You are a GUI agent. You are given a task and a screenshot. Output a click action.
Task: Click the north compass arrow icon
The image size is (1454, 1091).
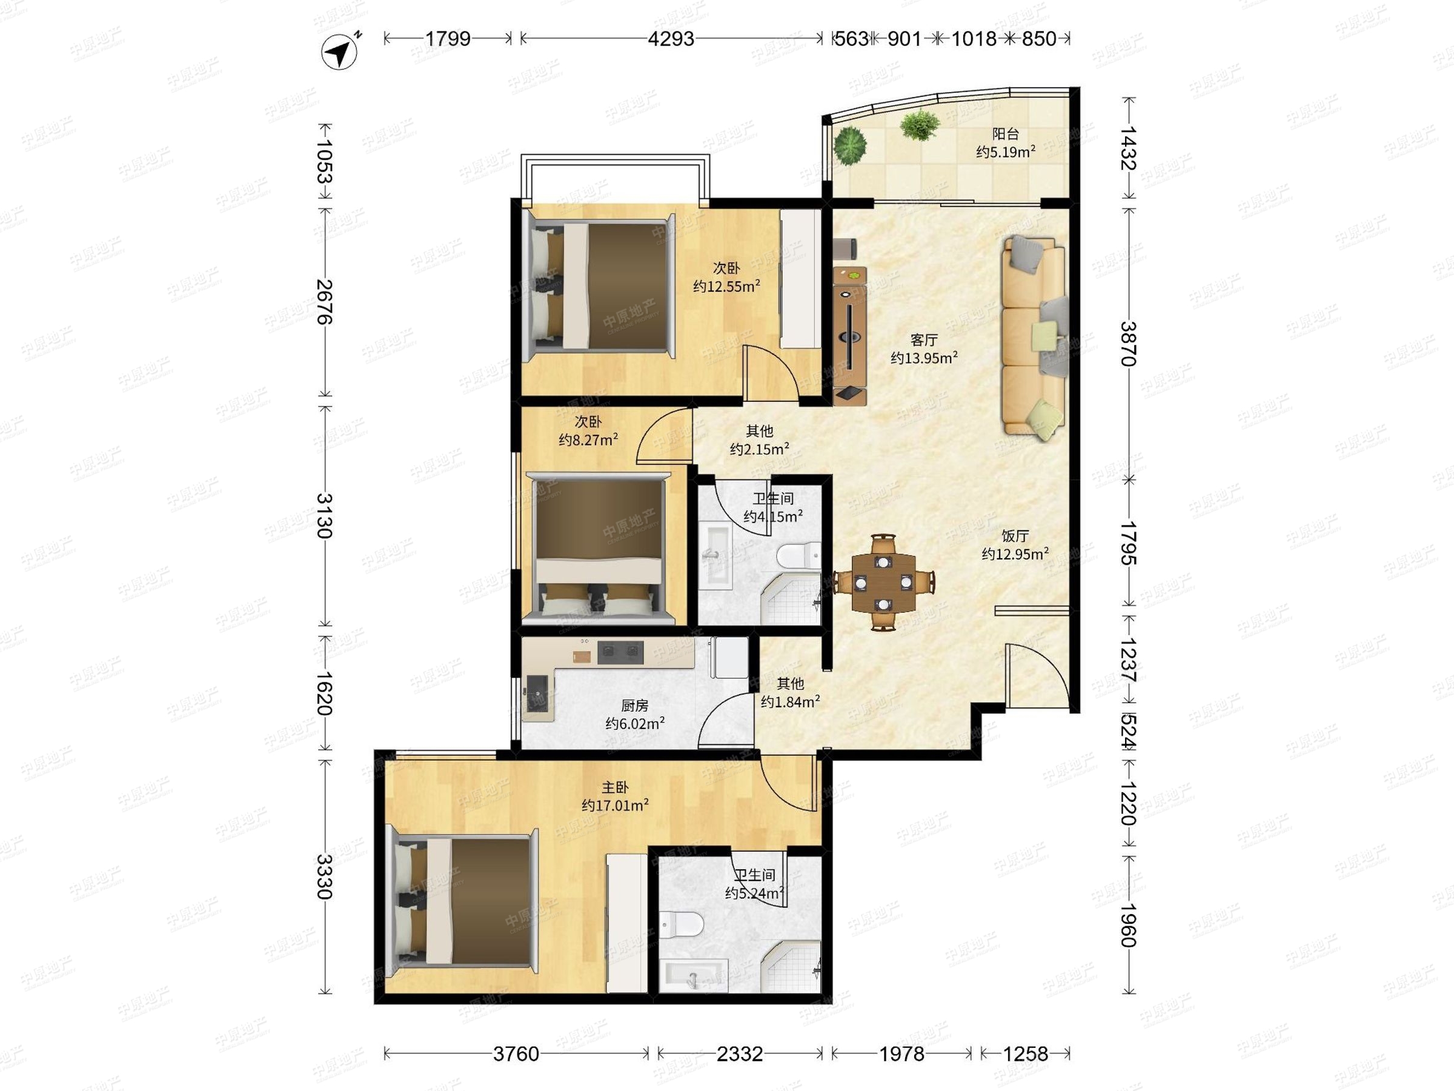[x=339, y=51]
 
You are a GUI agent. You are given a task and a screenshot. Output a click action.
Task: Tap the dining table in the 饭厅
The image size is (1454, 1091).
[x=883, y=582]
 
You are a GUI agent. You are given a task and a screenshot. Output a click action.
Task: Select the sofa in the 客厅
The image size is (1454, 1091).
[x=1034, y=336]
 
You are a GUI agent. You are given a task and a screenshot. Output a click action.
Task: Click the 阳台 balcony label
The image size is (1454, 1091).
[x=1005, y=134]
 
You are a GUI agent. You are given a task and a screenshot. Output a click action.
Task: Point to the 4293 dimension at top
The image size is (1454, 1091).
[x=671, y=39]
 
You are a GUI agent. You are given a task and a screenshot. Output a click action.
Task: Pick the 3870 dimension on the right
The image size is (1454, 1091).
[x=1129, y=343]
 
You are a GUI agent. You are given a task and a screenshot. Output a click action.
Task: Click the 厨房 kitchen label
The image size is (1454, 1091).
[x=634, y=706]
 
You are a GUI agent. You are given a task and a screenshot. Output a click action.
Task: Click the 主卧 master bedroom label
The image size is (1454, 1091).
[x=616, y=787]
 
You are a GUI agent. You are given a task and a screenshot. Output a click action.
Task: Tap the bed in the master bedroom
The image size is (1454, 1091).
[x=463, y=898]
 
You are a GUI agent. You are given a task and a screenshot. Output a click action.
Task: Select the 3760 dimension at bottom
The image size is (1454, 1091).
[x=516, y=1054]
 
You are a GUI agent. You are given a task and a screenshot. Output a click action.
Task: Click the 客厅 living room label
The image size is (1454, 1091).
[x=923, y=340]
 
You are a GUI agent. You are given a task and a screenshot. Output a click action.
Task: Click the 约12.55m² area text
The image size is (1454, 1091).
[x=726, y=286]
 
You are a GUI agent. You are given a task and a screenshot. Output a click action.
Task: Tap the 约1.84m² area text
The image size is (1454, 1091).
[x=790, y=702]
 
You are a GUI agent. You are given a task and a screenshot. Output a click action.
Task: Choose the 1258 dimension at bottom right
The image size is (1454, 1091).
[x=1026, y=1054]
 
